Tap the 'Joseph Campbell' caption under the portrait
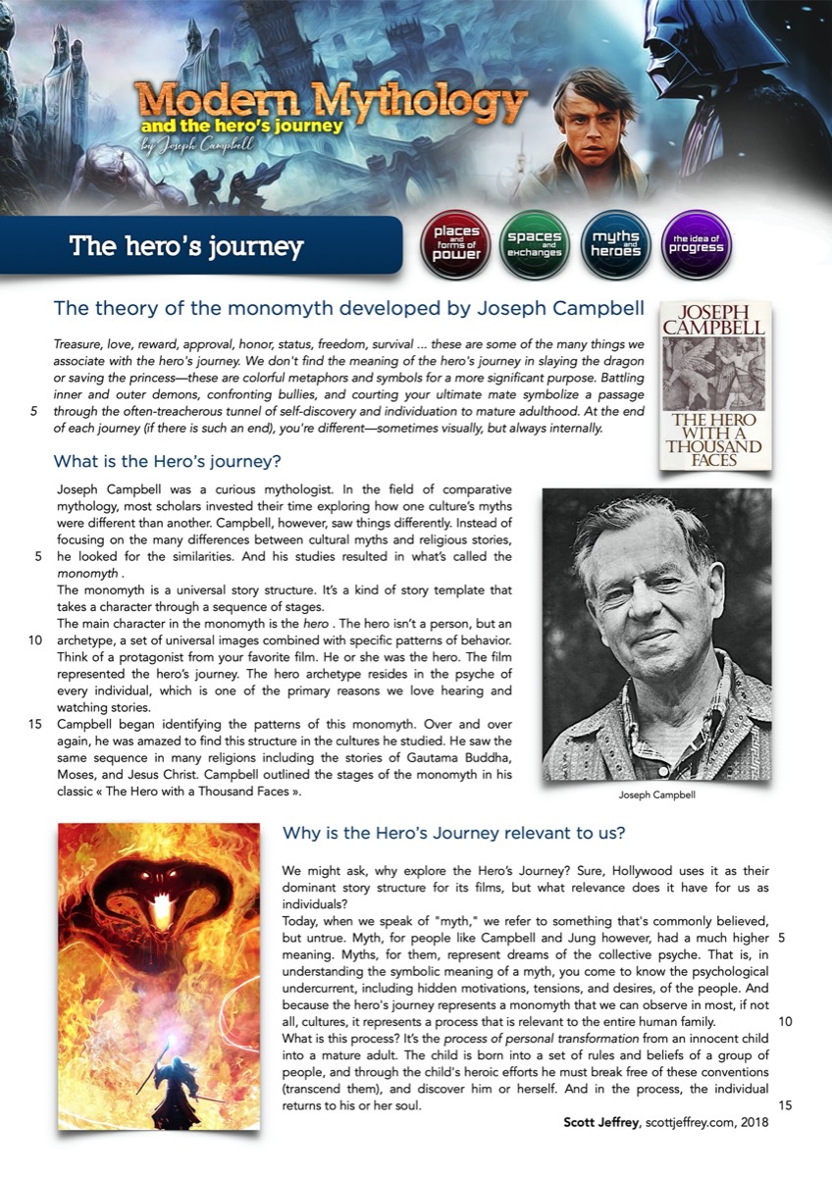[x=656, y=796]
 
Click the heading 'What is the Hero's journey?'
[x=168, y=460]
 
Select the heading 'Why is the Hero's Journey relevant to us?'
[x=454, y=833]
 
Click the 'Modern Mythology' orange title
[x=334, y=102]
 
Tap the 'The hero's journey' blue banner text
[x=186, y=245]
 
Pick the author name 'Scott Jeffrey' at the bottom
[x=598, y=1123]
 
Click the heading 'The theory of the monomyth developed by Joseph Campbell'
[x=348, y=309]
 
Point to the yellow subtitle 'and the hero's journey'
[x=241, y=127]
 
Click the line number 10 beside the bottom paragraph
[x=784, y=1020]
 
